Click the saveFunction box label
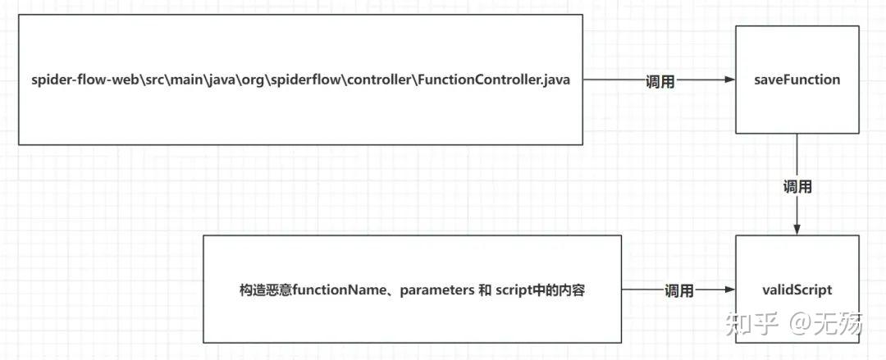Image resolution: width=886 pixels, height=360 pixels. pyautogui.click(x=797, y=80)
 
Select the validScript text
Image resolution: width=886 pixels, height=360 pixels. pyautogui.click(x=797, y=290)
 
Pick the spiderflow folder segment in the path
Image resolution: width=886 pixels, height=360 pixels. pyautogui.click(x=321, y=80)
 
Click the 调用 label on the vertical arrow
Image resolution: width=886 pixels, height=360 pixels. pyautogui.click(x=797, y=187)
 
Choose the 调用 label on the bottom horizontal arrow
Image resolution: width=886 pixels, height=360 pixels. pyautogui.click(x=678, y=290)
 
